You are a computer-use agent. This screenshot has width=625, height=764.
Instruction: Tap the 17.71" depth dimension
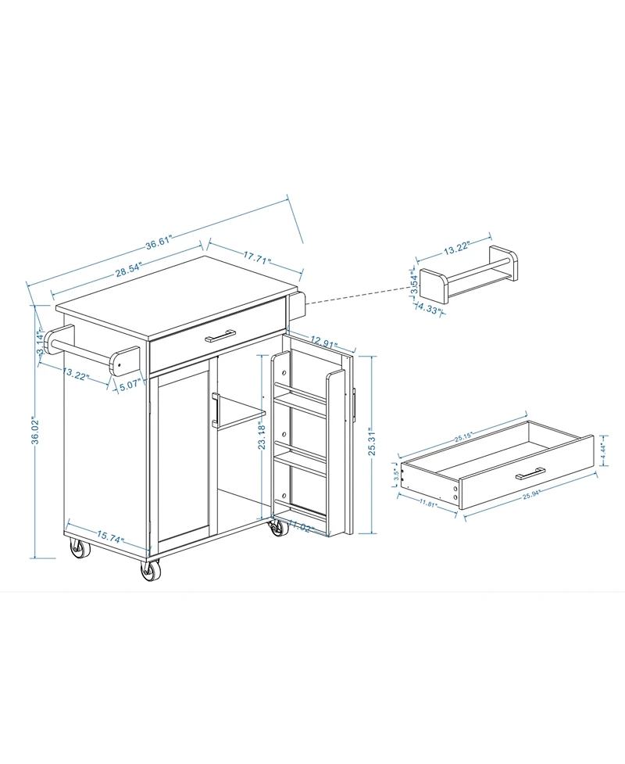click(256, 255)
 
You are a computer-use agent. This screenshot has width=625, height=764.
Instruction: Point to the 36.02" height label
click(35, 441)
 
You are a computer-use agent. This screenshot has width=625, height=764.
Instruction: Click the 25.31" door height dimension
click(373, 443)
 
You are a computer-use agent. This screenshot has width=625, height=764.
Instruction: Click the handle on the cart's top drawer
click(220, 337)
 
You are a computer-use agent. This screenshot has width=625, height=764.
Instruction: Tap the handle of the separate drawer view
click(530, 472)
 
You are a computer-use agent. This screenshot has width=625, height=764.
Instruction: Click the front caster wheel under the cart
click(151, 569)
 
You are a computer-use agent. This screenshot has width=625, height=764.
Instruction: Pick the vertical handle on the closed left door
click(213, 411)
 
